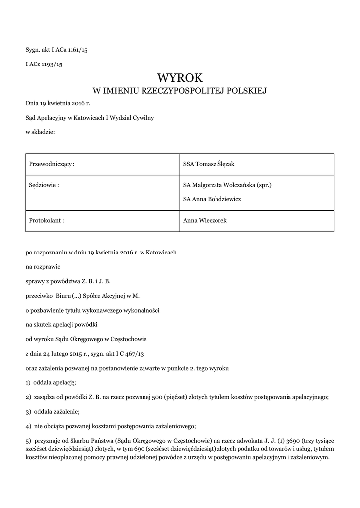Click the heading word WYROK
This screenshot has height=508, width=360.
[180, 77]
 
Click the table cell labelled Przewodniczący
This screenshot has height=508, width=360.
[52, 164]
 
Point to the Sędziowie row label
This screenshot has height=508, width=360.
[44, 185]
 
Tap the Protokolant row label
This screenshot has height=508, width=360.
[47, 220]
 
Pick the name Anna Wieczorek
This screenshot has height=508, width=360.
[205, 220]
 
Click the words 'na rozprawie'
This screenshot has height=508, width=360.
[42, 267]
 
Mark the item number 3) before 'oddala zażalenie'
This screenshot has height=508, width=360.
[28, 412]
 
